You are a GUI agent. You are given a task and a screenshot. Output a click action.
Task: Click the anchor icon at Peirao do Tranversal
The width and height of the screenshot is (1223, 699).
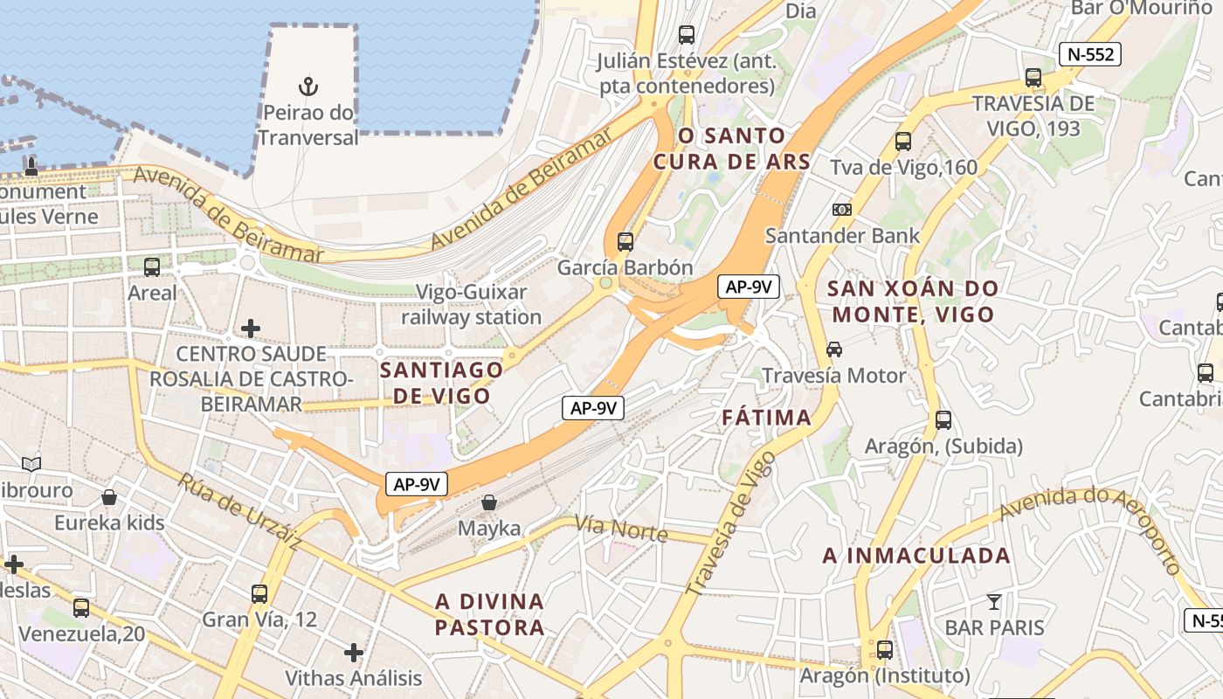[308, 86]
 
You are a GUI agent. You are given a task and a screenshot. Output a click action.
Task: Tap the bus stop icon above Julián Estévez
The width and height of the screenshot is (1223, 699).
[687, 35]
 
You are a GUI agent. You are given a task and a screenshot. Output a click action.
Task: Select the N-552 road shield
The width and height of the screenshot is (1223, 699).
[1089, 54]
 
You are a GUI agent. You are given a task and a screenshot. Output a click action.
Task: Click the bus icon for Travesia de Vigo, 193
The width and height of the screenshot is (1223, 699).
[1033, 77]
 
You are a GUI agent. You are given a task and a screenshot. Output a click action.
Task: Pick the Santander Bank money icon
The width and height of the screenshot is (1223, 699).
[842, 210]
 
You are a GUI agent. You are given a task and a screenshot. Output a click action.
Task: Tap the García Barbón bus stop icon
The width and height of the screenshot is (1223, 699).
[625, 242]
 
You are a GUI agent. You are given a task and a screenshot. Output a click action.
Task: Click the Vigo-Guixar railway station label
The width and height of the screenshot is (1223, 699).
[472, 304]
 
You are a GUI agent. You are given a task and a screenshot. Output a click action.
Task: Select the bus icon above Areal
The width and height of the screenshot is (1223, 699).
[152, 266]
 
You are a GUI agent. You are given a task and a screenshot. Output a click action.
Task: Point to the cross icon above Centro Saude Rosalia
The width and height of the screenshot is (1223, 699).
[251, 329]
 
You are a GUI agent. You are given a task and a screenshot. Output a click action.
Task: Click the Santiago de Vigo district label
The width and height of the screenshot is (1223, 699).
[441, 383]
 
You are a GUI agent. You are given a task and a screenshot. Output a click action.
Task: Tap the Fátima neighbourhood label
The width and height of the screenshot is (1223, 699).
[767, 418]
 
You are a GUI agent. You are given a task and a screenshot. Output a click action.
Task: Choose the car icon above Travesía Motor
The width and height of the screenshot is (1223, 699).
[834, 349]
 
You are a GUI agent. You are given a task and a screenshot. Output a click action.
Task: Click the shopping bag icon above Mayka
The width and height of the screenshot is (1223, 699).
[489, 502]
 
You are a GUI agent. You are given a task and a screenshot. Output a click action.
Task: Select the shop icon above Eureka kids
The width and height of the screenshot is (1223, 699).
[109, 497]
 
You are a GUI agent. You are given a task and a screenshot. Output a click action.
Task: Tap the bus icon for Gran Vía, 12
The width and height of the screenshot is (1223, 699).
[259, 593]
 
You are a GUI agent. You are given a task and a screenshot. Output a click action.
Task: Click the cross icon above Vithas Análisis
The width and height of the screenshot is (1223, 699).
[354, 652]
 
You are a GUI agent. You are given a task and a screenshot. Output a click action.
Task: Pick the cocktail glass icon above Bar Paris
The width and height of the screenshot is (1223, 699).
[994, 601]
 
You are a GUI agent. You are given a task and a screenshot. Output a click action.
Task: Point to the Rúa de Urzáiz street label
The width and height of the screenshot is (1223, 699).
[240, 513]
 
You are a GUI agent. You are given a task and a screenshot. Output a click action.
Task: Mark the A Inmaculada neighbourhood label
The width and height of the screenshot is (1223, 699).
[916, 556]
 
